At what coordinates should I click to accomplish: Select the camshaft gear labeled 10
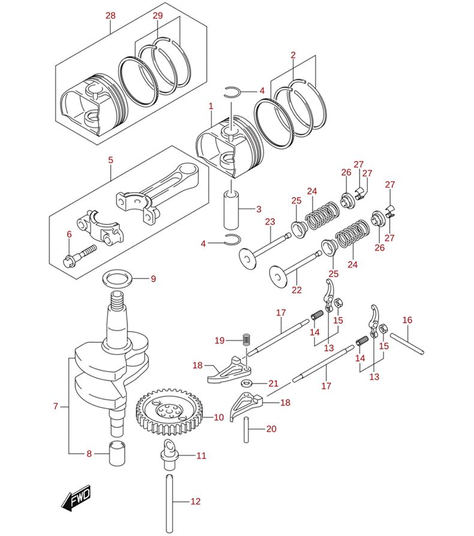click(x=170, y=414)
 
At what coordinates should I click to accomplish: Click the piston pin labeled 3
click(x=232, y=209)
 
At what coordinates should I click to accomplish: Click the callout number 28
click(x=110, y=16)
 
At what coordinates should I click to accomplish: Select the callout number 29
click(x=158, y=16)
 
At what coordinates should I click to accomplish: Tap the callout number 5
click(x=110, y=160)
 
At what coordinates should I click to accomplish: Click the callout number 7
click(x=55, y=406)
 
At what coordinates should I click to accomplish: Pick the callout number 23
click(x=270, y=221)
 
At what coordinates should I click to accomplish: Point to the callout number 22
click(x=296, y=291)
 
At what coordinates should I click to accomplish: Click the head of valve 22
click(x=277, y=277)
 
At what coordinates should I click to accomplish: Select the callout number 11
click(x=201, y=456)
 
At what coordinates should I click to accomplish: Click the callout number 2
click(x=293, y=55)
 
